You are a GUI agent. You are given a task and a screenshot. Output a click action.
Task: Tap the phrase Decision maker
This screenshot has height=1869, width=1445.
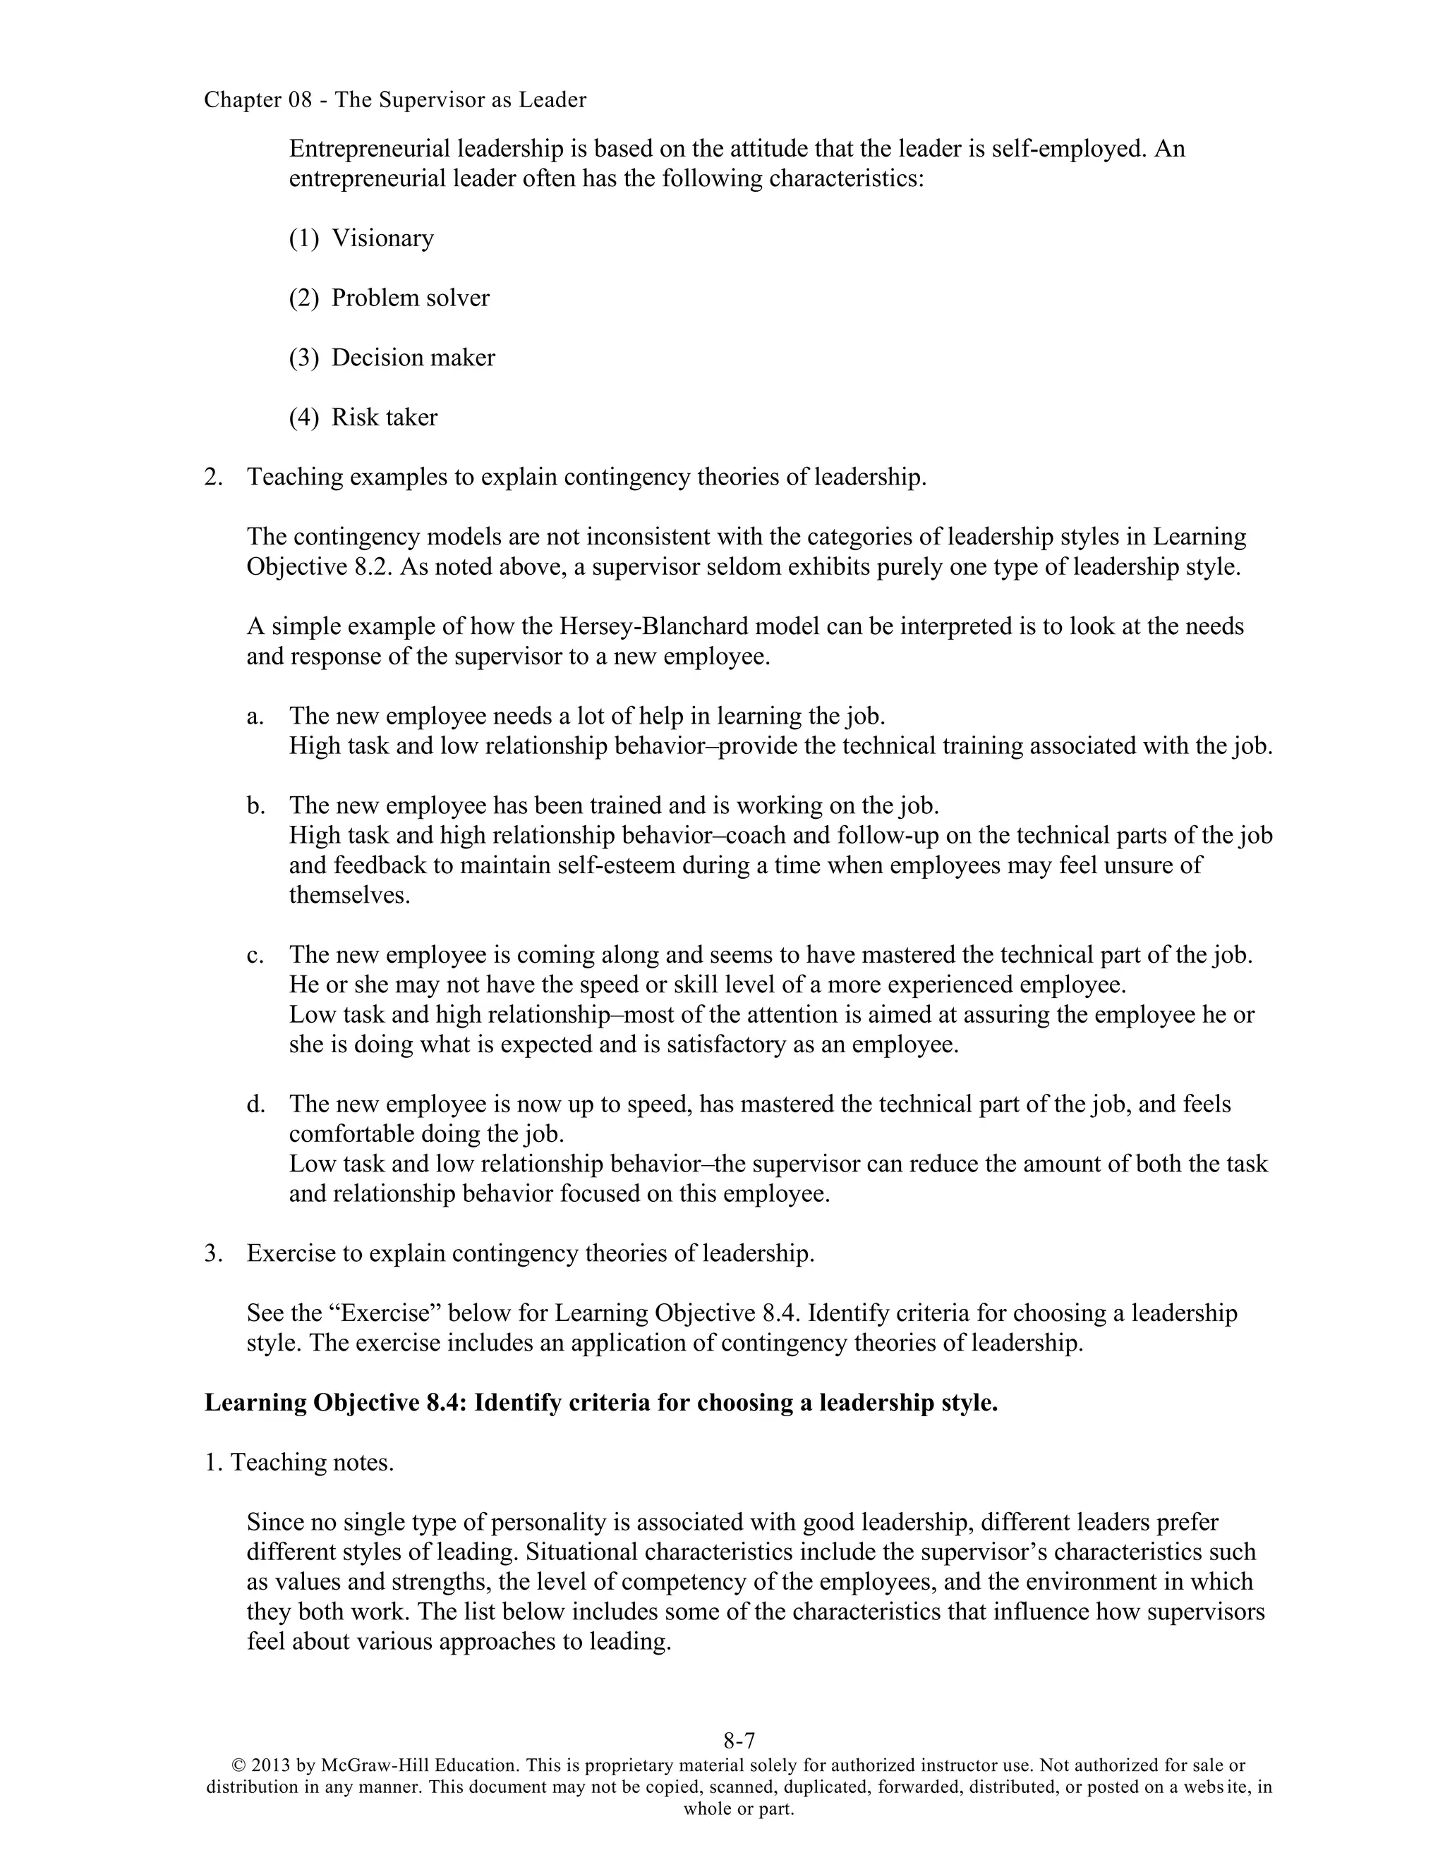pyautogui.click(x=413, y=358)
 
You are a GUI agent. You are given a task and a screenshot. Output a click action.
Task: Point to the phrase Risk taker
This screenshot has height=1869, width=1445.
pyautogui.click(x=385, y=418)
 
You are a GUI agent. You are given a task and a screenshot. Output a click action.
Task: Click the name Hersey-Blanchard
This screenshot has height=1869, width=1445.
pyautogui.click(x=646, y=626)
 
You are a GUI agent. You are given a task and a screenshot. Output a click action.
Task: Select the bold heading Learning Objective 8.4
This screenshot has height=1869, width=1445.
pyautogui.click(x=334, y=1404)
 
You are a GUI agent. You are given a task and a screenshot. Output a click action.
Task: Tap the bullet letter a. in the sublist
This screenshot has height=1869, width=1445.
pyautogui.click(x=255, y=717)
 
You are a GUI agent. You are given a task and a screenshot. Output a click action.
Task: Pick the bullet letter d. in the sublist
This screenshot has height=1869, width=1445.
pyautogui.click(x=255, y=1104)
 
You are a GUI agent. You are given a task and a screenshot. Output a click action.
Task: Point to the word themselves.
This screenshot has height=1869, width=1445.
pyautogui.click(x=349, y=895)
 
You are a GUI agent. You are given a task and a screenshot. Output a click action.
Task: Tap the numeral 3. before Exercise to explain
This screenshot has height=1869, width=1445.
pyautogui.click(x=213, y=1254)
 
